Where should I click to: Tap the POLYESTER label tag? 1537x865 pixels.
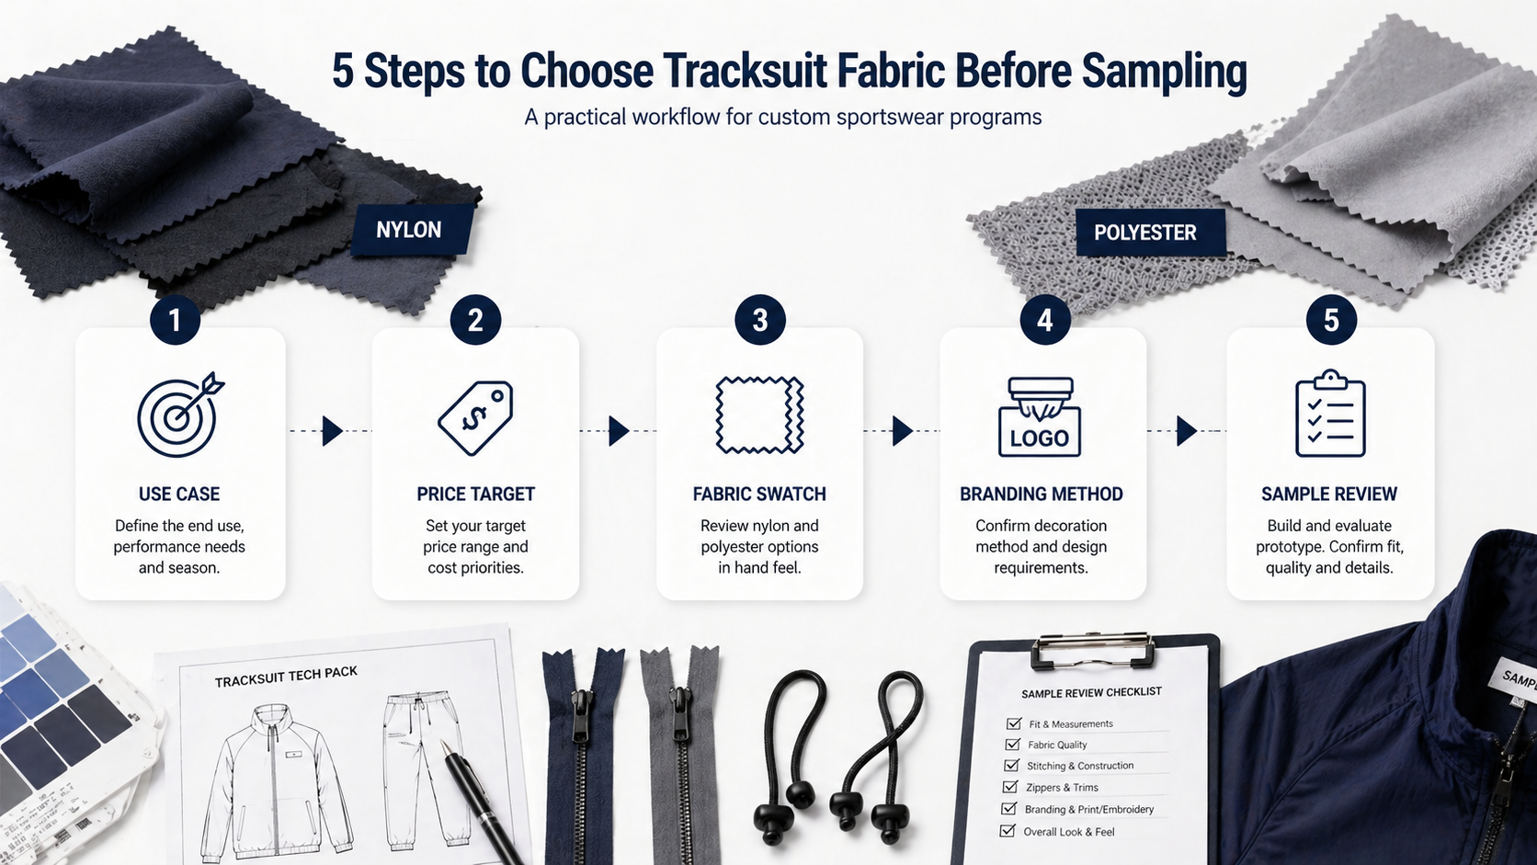click(1151, 233)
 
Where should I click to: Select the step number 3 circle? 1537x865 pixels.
click(759, 320)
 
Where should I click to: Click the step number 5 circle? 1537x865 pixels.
click(1330, 320)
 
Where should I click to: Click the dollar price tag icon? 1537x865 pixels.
click(475, 417)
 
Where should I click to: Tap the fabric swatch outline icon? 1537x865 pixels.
click(759, 415)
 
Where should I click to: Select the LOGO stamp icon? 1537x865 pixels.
click(1040, 417)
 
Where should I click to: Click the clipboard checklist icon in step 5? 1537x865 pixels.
click(1330, 414)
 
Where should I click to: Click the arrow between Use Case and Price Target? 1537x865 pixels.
click(331, 431)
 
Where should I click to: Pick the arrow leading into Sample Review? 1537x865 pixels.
click(1187, 431)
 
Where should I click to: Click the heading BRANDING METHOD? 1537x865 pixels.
click(1041, 494)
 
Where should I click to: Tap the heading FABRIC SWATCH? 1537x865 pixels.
click(759, 494)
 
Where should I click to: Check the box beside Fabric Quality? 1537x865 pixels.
click(1012, 745)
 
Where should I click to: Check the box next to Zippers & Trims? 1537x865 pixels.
click(1010, 787)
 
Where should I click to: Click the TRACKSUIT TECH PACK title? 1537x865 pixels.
click(286, 677)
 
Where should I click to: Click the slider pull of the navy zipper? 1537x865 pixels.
click(581, 715)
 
